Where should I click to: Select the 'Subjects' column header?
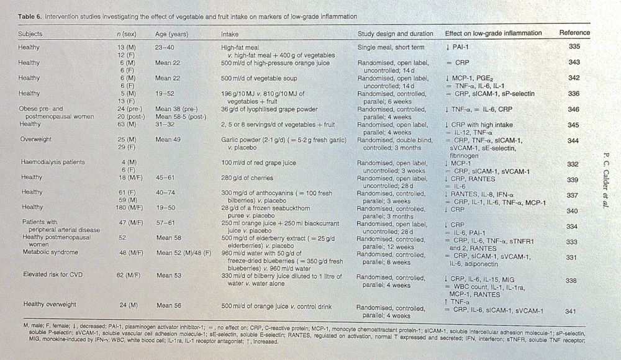coord(31,33)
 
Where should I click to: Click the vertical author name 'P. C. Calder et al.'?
coord(603,180)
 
